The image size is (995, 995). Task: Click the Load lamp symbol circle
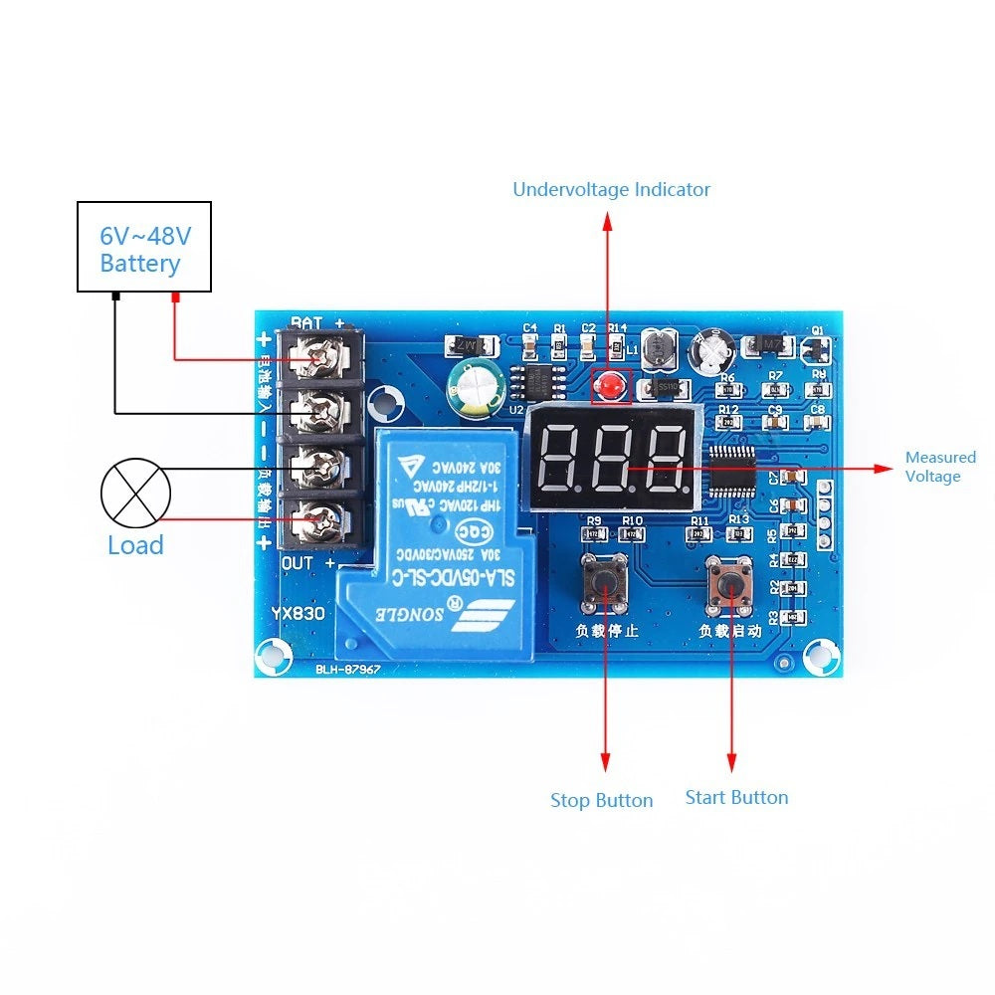[136, 494]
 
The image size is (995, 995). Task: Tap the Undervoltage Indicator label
[611, 189]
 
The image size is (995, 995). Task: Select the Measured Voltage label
[939, 467]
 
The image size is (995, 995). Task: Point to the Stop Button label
[601, 800]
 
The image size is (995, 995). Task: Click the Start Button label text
[736, 797]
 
